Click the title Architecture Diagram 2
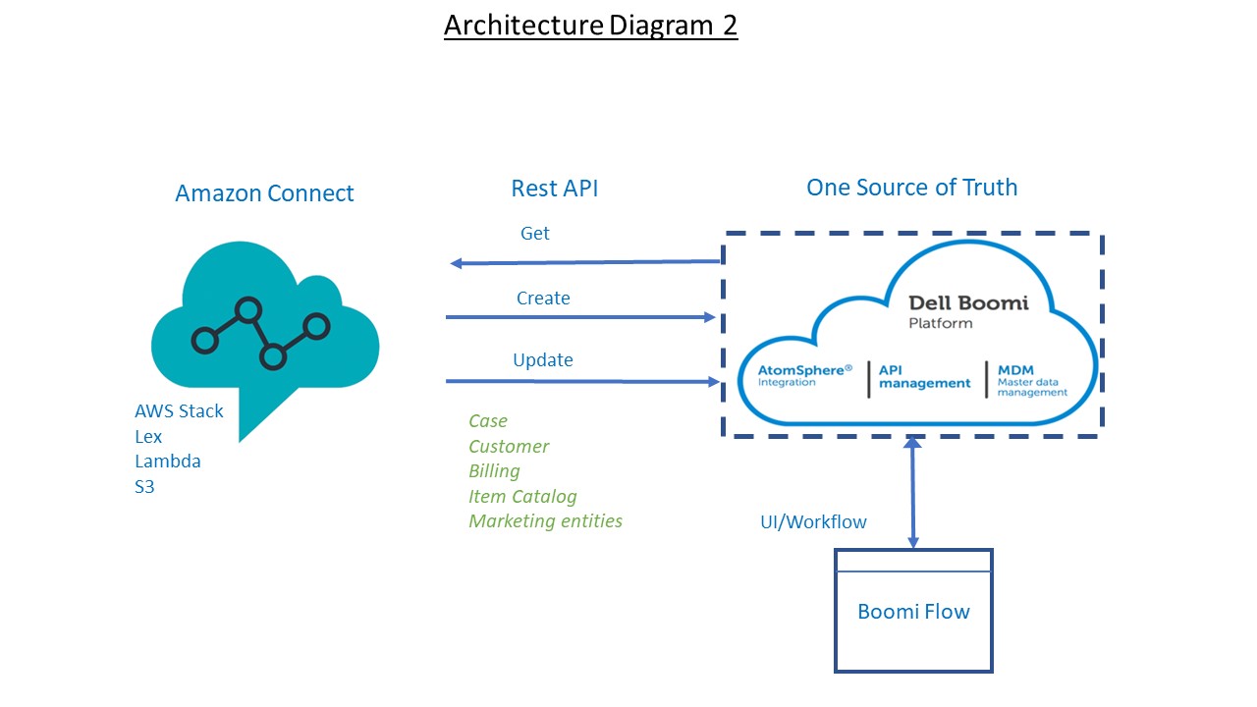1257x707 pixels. pyautogui.click(x=590, y=25)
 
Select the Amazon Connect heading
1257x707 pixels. pyautogui.click(x=264, y=193)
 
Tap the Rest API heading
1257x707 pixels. pyautogui.click(x=554, y=189)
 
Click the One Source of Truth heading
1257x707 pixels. pyautogui.click(x=911, y=188)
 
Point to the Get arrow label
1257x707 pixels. pyautogui.click(x=534, y=234)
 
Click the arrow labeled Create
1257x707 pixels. pyautogui.click(x=579, y=317)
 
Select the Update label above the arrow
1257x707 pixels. pyautogui.click(x=542, y=360)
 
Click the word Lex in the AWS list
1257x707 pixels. pyautogui.click(x=148, y=436)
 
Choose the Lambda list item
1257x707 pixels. pyautogui.click(x=167, y=462)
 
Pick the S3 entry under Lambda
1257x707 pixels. pyautogui.click(x=144, y=486)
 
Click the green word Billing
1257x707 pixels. pyautogui.click(x=494, y=471)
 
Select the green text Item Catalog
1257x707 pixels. pyautogui.click(x=522, y=497)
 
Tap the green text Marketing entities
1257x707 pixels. pyautogui.click(x=545, y=521)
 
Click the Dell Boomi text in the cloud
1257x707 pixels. pyautogui.click(x=967, y=302)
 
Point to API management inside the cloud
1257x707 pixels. pyautogui.click(x=924, y=377)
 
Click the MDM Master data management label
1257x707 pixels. pyautogui.click(x=1031, y=381)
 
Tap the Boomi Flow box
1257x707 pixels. pyautogui.click(x=913, y=612)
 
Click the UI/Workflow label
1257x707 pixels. pyautogui.click(x=813, y=522)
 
